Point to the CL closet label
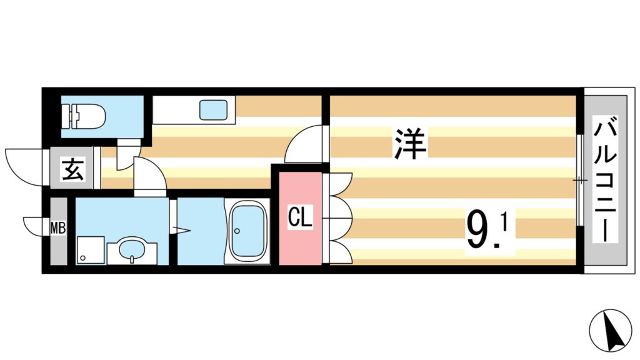point(300,219)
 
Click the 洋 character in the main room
point(410,143)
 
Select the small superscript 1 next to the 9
point(503,222)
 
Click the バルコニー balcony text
point(604,181)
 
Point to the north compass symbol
point(612,331)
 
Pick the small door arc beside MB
point(34,224)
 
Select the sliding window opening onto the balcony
point(581,181)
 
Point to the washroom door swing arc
point(150,176)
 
